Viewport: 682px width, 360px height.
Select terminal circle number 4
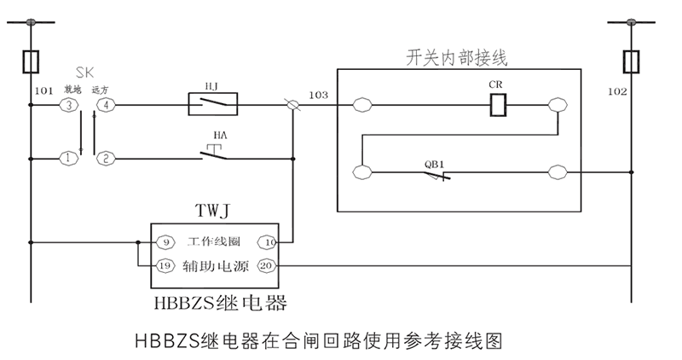(106, 106)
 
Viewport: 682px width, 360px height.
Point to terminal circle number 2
(106, 158)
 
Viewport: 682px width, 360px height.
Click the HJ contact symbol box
(212, 105)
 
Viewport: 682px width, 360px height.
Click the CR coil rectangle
(501, 105)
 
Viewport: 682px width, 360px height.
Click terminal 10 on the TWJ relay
(269, 242)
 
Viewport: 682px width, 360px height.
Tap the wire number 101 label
(43, 89)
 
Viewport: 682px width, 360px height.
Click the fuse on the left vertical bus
(32, 61)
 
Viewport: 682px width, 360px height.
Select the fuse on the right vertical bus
(633, 61)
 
